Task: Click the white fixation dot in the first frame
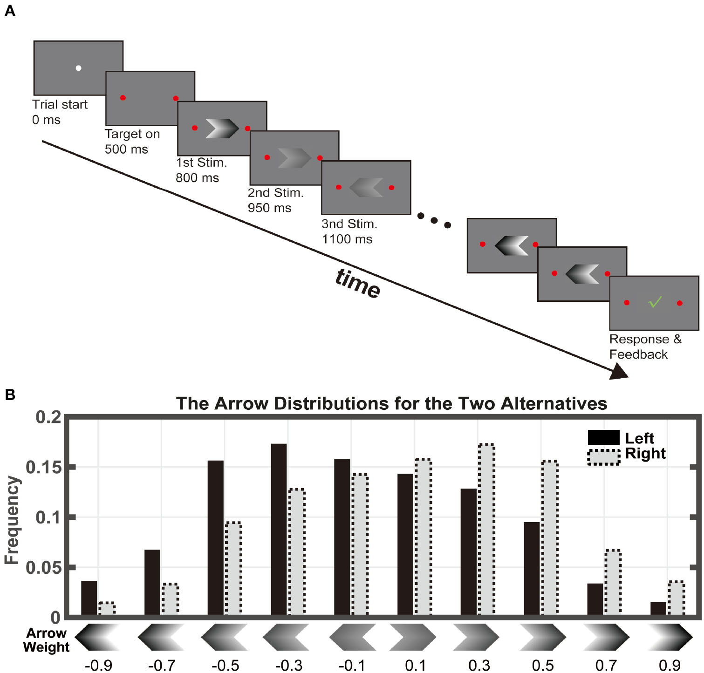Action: pos(78,68)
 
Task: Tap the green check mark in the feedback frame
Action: pos(655,302)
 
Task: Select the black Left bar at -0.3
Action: pos(279,530)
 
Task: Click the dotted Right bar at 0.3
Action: pos(486,530)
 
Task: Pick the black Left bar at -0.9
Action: pos(89,598)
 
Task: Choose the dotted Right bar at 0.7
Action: pos(613,583)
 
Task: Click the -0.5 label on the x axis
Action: pos(226,665)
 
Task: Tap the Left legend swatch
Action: pos(603,437)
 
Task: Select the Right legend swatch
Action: pos(603,457)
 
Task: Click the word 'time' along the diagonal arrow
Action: pos(358,283)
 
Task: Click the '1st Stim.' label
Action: pos(201,163)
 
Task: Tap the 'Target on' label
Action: pos(132,134)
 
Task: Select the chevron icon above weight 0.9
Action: pos(670,637)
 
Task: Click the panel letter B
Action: pos(10,395)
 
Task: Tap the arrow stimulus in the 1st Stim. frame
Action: pos(222,128)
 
